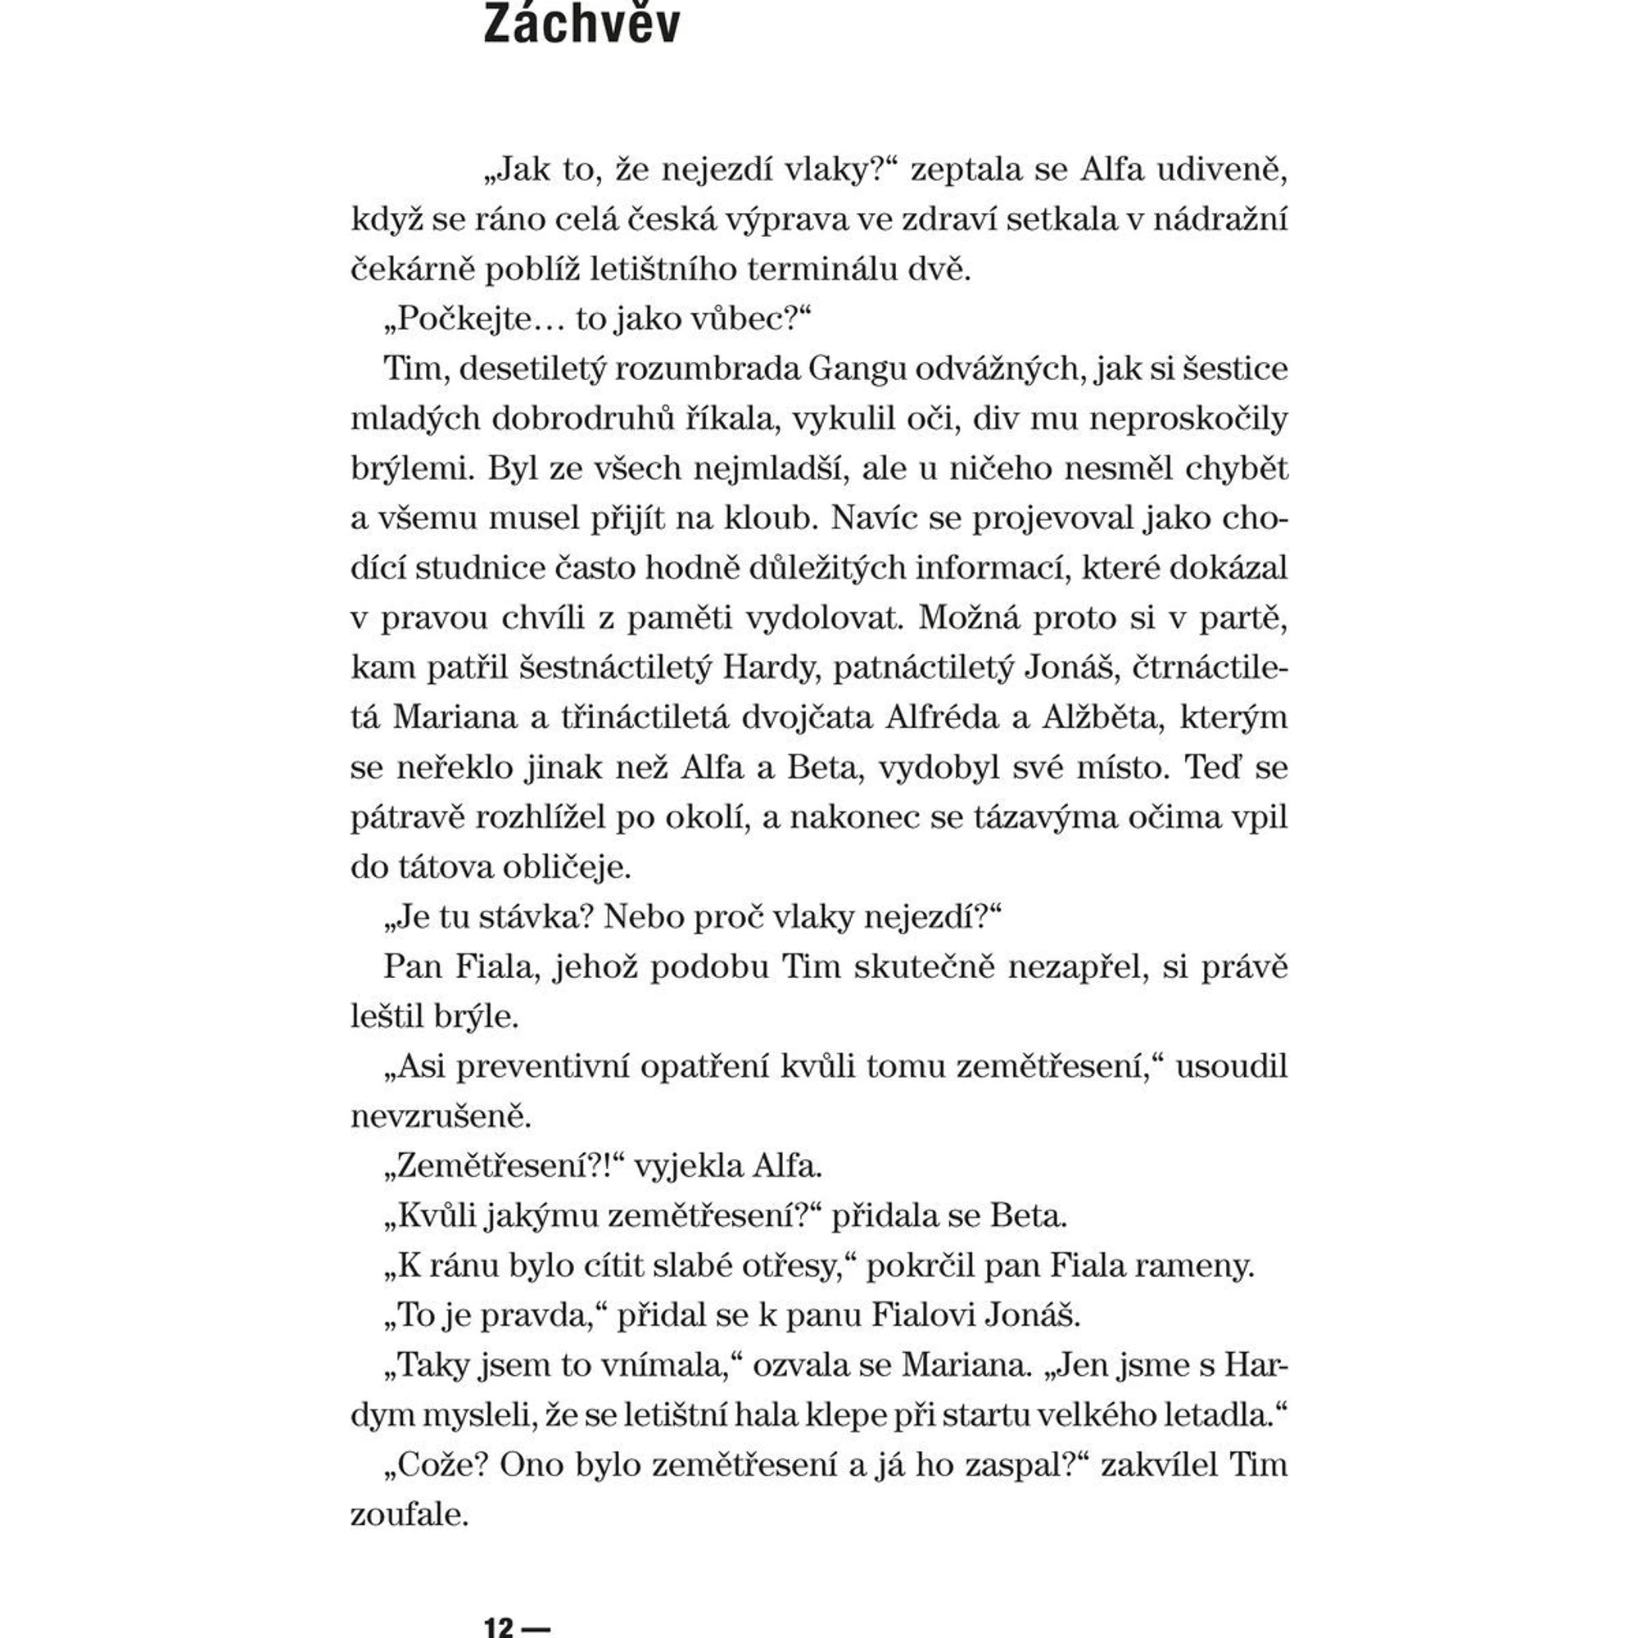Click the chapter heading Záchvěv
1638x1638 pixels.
click(x=581, y=24)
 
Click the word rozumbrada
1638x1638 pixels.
click(x=707, y=369)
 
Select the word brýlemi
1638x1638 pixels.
click(x=413, y=468)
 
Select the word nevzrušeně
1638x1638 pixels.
click(x=440, y=1116)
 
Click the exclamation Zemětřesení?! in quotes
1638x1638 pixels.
click(x=504, y=1166)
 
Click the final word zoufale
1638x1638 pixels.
click(x=409, y=1515)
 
